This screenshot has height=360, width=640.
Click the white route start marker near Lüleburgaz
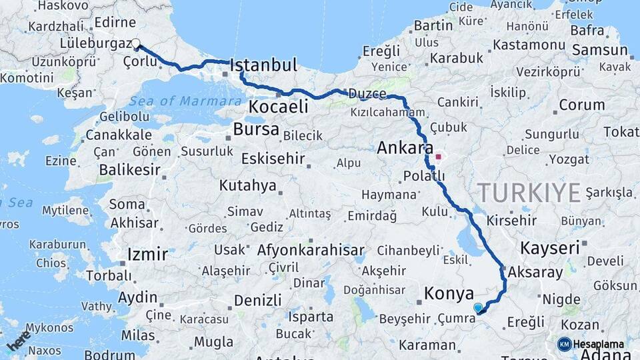136,44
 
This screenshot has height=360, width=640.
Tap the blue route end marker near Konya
478,307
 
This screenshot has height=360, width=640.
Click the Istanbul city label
263,65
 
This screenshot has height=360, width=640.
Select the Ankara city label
405,147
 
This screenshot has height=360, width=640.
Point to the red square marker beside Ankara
438,158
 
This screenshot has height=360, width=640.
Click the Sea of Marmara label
185,101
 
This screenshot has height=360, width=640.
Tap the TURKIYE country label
529,193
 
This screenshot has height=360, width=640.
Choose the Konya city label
449,293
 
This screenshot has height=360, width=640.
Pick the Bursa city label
256,129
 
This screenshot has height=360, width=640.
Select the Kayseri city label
550,248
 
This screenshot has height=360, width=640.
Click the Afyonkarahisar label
316,251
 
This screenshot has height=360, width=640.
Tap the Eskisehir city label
273,159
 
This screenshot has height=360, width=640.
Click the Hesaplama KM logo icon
565,344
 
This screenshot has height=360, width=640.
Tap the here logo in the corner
18,339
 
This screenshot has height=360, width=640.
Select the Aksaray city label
535,273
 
